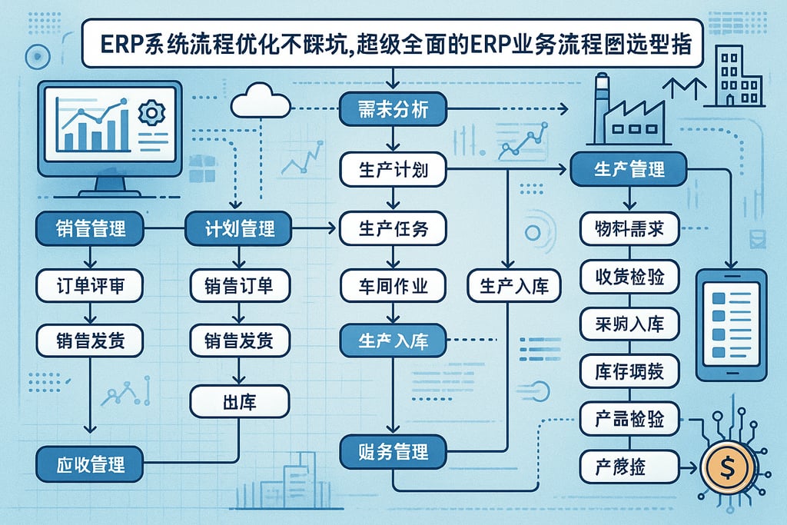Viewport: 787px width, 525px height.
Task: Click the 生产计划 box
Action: (x=393, y=170)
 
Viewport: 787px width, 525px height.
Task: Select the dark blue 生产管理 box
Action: (x=629, y=169)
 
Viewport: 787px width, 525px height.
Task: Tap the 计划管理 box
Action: (x=241, y=228)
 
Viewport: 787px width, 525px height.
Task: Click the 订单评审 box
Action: (x=91, y=286)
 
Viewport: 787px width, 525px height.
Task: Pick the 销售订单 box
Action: (x=241, y=286)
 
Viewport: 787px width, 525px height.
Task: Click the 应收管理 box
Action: (x=91, y=464)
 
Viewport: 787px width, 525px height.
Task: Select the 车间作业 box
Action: (x=393, y=286)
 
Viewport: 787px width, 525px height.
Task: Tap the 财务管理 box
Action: (x=393, y=451)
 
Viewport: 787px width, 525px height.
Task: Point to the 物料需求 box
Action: (x=629, y=229)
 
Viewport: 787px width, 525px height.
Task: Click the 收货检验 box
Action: (x=629, y=277)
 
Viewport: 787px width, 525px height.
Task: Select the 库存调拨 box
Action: (x=629, y=372)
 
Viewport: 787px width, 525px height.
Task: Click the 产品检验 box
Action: (x=629, y=419)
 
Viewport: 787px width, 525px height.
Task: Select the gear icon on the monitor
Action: (x=151, y=113)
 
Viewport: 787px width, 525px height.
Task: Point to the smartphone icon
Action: (x=731, y=324)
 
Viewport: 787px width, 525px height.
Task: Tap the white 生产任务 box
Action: (x=393, y=228)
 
